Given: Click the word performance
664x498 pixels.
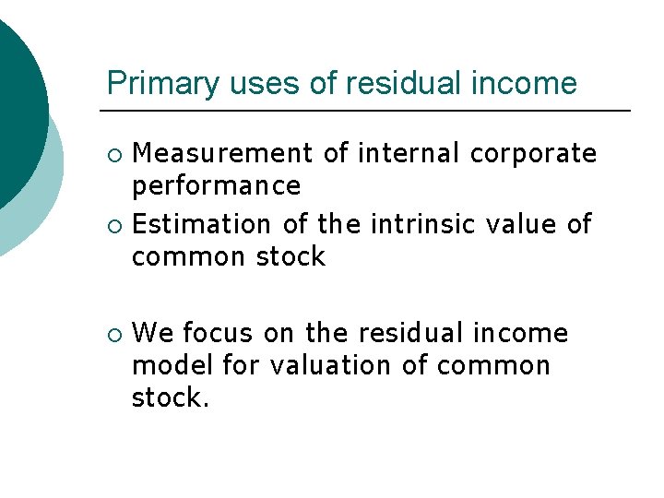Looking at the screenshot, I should [217, 186].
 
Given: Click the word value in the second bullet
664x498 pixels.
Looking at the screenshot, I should [522, 224].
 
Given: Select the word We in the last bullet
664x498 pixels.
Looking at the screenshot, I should [153, 333].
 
